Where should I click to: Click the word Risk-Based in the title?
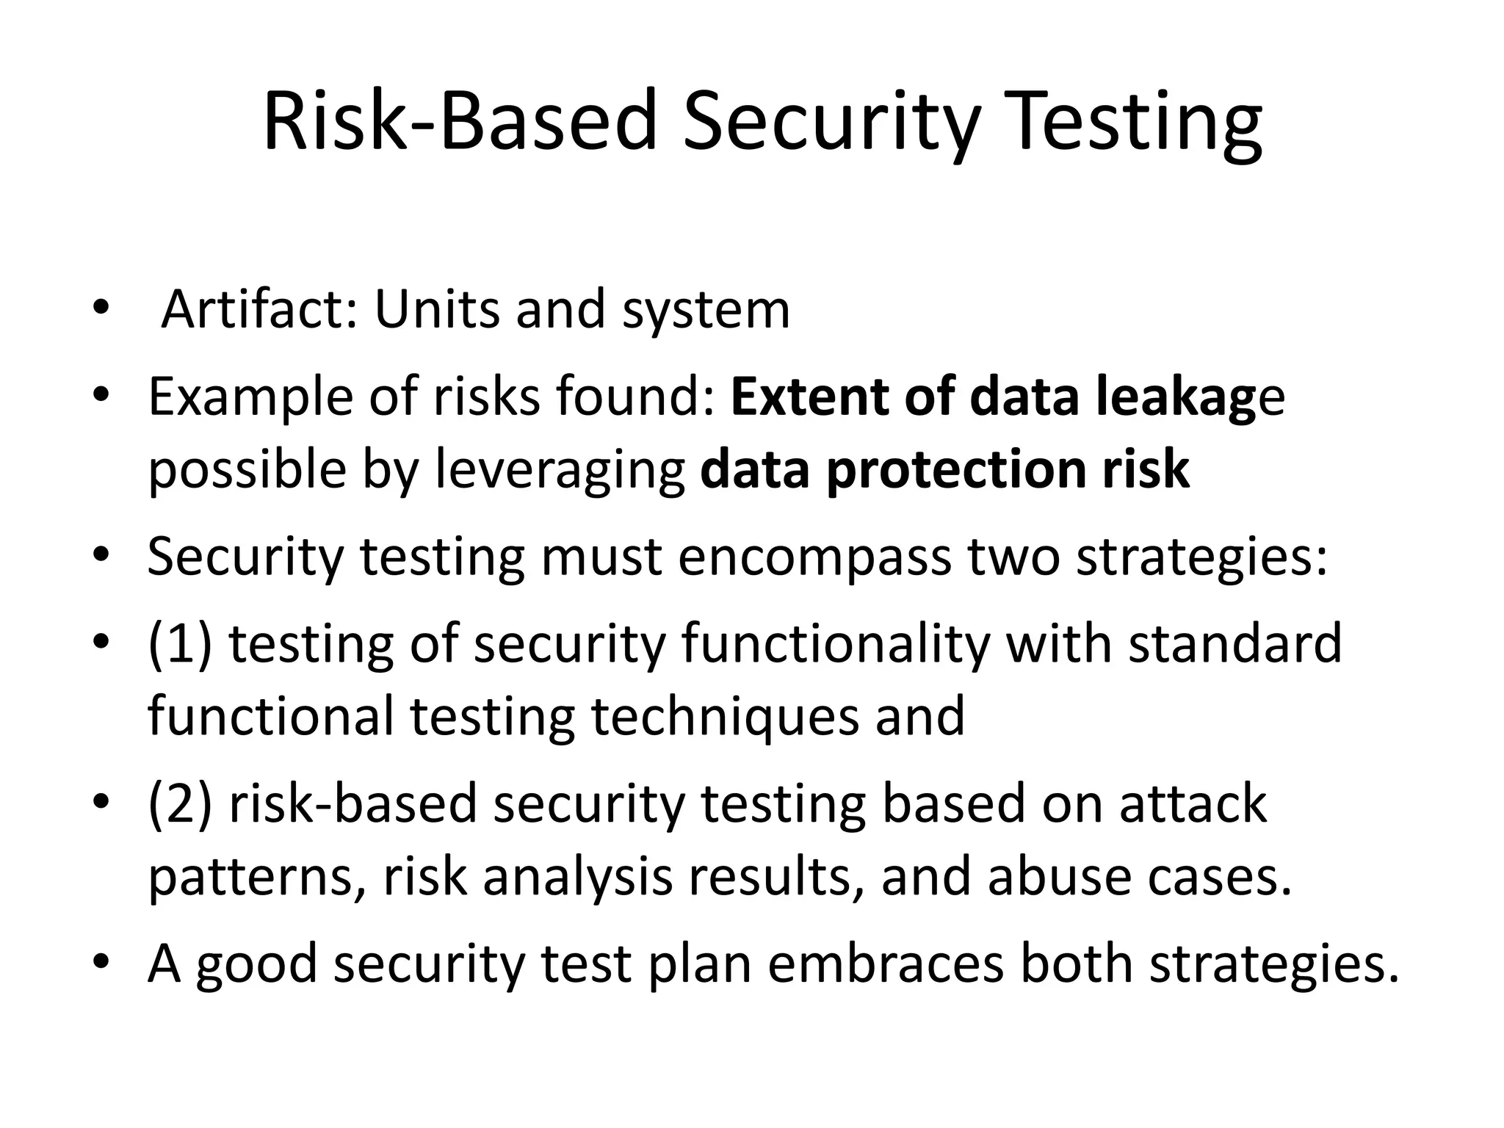[459, 121]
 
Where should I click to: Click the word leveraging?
[560, 469]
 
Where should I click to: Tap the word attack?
[1193, 803]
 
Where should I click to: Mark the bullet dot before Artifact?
[101, 308]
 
